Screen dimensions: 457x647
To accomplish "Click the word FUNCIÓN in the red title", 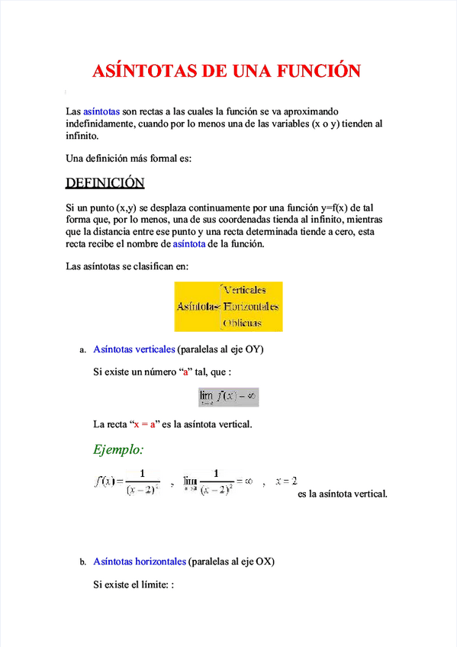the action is coord(315,72).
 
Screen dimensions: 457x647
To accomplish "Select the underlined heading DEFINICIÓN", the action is coord(105,183).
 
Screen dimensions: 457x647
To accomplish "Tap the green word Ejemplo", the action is coord(118,449).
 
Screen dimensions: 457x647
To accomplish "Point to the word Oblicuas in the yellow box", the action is coord(242,323).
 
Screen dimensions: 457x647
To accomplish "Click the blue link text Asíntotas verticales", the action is coord(134,349).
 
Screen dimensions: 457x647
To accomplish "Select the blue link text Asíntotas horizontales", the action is coord(139,562).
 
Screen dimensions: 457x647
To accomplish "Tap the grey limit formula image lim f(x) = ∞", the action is coord(228,397).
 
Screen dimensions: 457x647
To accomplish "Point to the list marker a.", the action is coord(82,350).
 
